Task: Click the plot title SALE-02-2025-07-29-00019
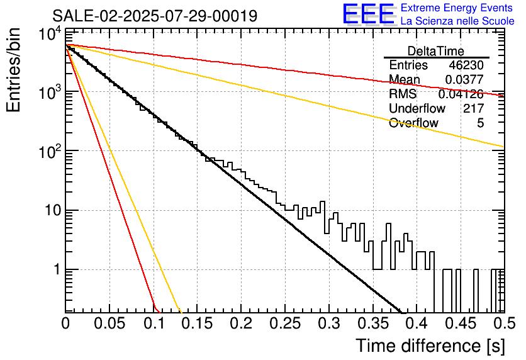155,16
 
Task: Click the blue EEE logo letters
368,14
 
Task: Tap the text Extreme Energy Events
457,8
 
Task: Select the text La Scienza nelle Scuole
457,21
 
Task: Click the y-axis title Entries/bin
13,70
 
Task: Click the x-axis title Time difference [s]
430,346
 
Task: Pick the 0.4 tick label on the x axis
416,323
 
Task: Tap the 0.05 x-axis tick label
109,323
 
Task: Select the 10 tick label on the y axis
53,211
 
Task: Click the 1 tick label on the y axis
57,269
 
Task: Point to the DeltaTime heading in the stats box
436,51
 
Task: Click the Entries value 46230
466,65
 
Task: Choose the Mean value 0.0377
464,79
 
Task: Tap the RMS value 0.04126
461,94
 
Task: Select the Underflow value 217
474,108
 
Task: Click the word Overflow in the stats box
413,123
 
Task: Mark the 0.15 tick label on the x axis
198,323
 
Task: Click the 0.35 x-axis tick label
373,323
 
